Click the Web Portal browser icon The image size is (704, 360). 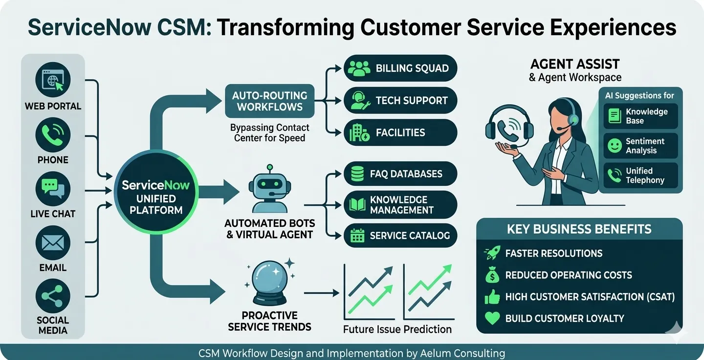click(53, 80)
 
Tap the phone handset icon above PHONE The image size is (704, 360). click(53, 135)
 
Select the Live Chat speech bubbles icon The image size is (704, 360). click(53, 189)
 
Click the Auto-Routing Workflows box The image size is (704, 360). click(269, 101)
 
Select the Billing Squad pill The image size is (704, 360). click(400, 68)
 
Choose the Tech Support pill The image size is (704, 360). click(400, 100)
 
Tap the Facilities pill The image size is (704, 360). click(400, 133)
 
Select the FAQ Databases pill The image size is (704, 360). click(400, 174)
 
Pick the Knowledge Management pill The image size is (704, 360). click(400, 205)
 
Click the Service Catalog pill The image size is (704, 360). click(400, 236)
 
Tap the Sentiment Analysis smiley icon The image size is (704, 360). click(614, 146)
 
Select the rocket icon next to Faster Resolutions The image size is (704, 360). click(492, 253)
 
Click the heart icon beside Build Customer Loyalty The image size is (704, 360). click(492, 318)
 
